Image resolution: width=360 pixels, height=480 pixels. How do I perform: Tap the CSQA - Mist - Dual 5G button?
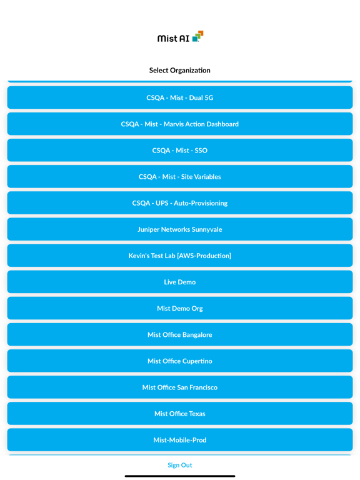coord(180,97)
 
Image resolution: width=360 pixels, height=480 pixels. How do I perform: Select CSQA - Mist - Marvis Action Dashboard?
coord(180,124)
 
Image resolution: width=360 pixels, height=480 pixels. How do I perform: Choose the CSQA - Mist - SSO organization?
coord(180,150)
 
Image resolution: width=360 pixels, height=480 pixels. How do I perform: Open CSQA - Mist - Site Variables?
coord(180,177)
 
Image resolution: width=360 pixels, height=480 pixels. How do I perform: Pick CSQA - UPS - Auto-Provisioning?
coord(180,203)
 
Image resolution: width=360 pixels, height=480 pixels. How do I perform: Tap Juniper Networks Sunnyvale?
coord(180,229)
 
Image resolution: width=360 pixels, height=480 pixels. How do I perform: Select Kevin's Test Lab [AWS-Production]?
coord(180,256)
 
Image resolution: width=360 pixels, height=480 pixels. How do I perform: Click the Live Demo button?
coord(180,282)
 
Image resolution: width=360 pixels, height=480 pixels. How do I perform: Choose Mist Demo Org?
coord(180,308)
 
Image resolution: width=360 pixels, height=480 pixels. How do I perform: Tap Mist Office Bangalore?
coord(180,334)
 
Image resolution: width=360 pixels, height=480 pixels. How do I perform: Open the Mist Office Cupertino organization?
coord(180,361)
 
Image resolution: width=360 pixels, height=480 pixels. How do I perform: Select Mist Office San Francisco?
coord(180,387)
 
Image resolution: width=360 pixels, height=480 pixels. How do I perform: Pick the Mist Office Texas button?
coord(180,414)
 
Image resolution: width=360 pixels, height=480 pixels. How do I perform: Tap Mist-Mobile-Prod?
coord(180,440)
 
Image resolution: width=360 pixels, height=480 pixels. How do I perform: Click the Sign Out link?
coord(180,465)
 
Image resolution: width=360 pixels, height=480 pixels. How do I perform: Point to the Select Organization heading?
coord(180,71)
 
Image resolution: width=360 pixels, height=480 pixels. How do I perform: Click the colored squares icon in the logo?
coord(197,36)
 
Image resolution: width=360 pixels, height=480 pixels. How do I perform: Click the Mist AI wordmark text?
coord(173,38)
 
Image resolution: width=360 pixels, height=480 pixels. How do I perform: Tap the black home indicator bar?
coord(180,476)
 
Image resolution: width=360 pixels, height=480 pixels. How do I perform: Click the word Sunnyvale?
coord(207,229)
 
